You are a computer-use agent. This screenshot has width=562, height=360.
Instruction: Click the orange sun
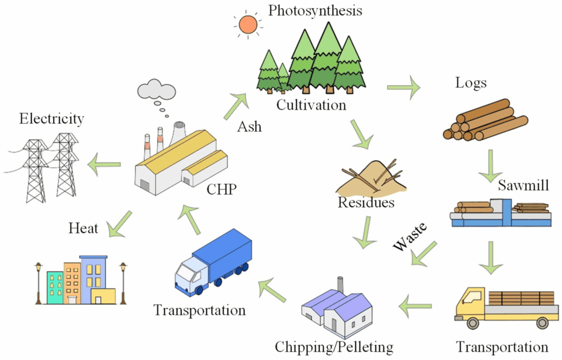tap(248, 24)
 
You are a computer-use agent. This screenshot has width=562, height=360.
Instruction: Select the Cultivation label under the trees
tap(311, 104)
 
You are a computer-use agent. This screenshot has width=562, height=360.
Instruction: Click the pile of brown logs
tap(485, 121)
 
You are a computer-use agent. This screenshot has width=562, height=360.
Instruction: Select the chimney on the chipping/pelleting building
tap(340, 284)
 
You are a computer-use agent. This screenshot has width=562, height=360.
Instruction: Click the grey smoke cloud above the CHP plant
tap(156, 88)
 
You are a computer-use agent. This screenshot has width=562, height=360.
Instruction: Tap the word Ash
tap(249, 127)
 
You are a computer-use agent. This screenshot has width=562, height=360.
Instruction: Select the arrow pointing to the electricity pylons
tap(105, 164)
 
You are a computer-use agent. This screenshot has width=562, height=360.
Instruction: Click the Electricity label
tap(52, 119)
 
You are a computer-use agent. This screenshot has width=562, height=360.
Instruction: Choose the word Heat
tap(83, 227)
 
